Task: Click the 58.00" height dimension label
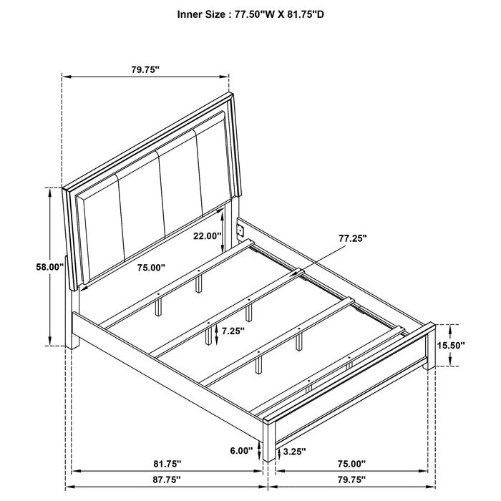tap(51, 267)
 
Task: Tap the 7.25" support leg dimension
tap(233, 331)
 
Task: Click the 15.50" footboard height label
tap(451, 345)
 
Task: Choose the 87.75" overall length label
tap(165, 479)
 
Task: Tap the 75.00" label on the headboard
tap(151, 267)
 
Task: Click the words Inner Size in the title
tap(183, 13)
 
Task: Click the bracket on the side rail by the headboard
tap(241, 231)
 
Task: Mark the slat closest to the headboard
tap(179, 280)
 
